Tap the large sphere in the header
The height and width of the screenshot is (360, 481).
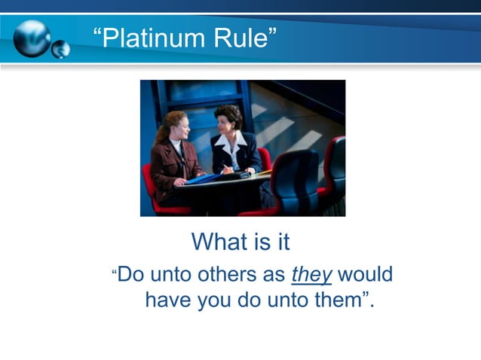[x=31, y=38]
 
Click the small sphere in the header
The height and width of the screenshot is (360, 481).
[x=60, y=49]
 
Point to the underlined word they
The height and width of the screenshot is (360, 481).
[x=311, y=275]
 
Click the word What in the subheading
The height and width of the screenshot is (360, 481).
[x=219, y=243]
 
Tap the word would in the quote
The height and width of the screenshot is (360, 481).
[x=365, y=275]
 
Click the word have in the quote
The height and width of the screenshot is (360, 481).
[x=168, y=301]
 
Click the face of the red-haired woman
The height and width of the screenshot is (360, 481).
[x=178, y=125]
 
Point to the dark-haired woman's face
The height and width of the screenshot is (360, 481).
[x=225, y=121]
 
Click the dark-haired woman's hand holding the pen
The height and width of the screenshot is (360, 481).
[x=227, y=169]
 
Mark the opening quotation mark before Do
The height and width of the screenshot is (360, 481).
[x=115, y=270]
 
